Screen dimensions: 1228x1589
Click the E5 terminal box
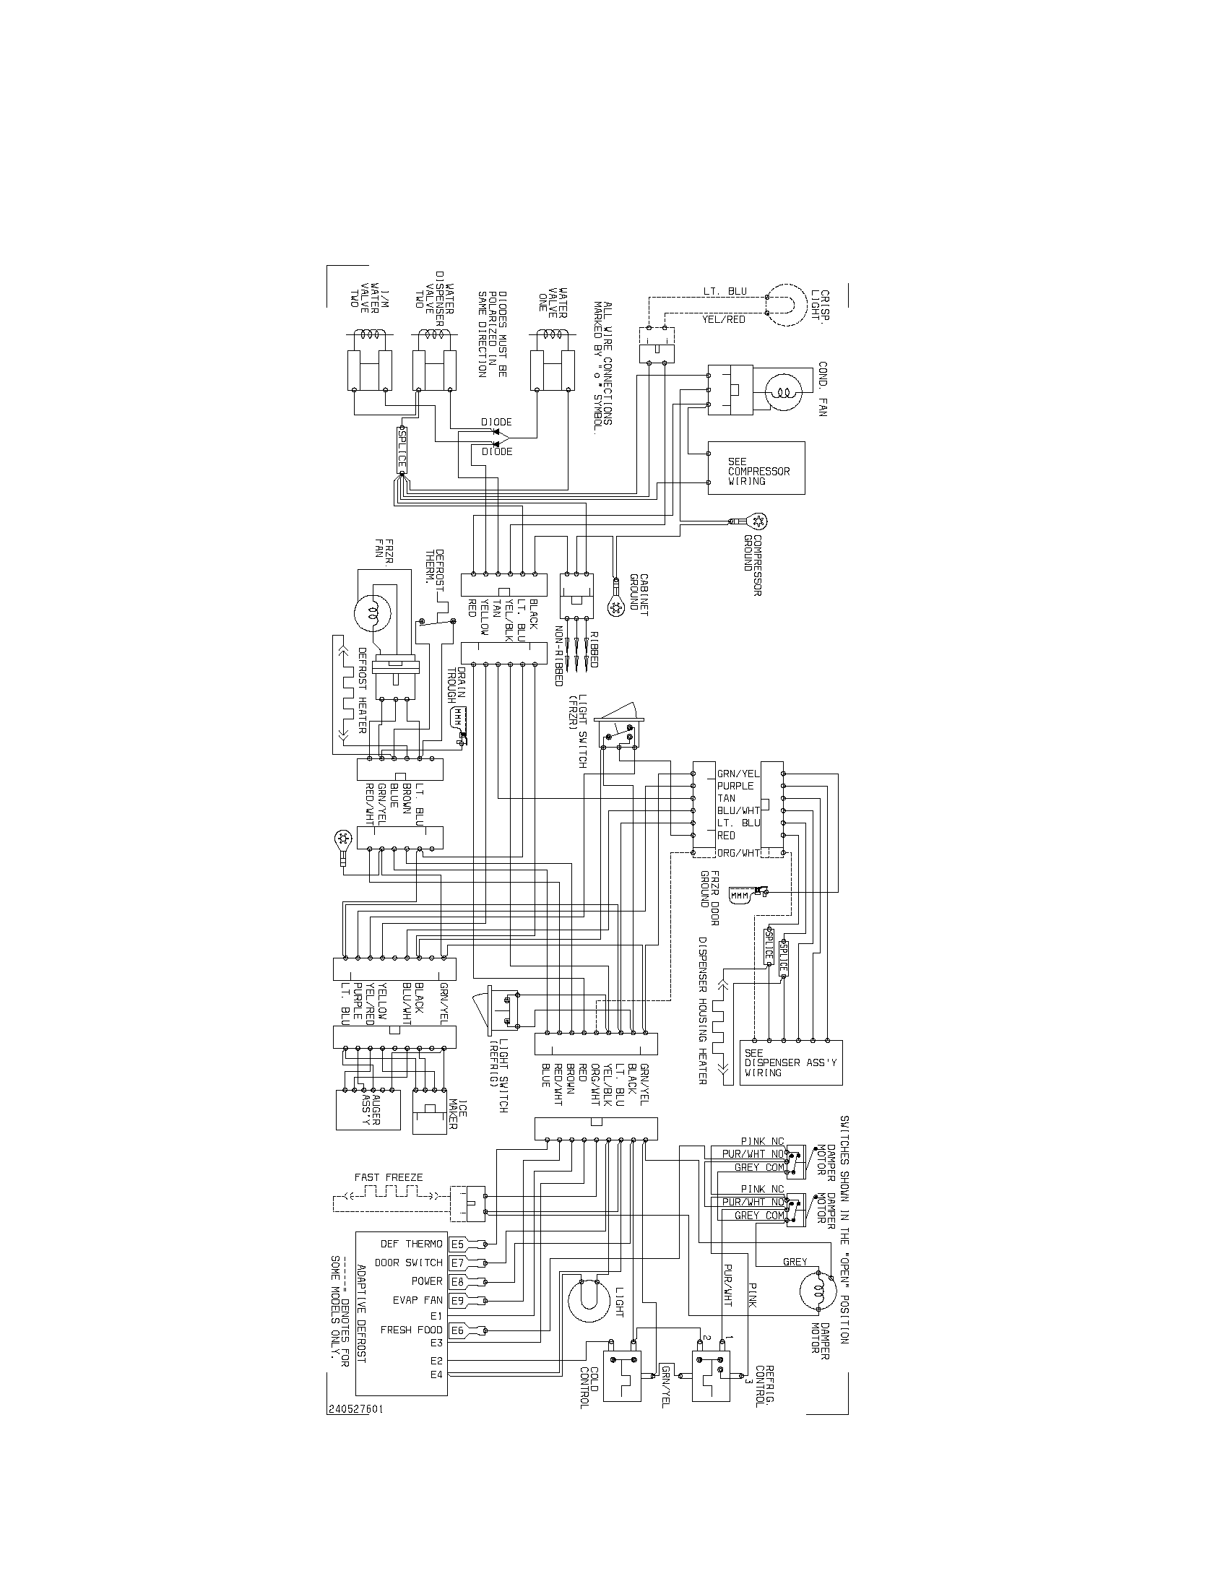pos(457,1244)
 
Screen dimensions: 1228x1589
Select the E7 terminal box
pos(457,1263)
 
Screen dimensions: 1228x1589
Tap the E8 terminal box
pos(457,1281)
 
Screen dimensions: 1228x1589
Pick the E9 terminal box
pos(457,1300)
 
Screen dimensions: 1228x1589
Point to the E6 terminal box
pos(457,1330)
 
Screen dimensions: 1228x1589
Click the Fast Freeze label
pos(389,1177)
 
